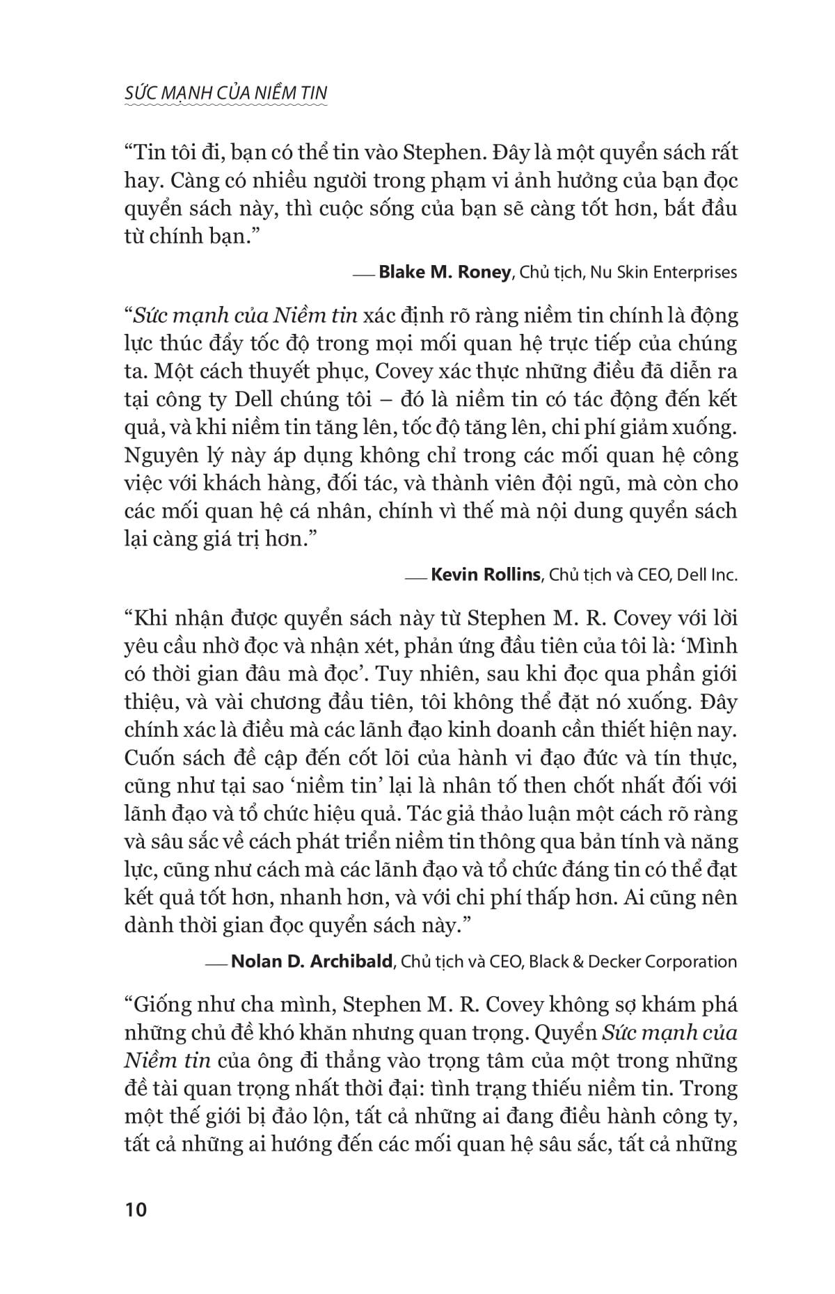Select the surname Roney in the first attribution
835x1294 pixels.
tap(483, 272)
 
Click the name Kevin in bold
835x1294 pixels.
tap(455, 575)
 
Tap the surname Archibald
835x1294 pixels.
tap(347, 961)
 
